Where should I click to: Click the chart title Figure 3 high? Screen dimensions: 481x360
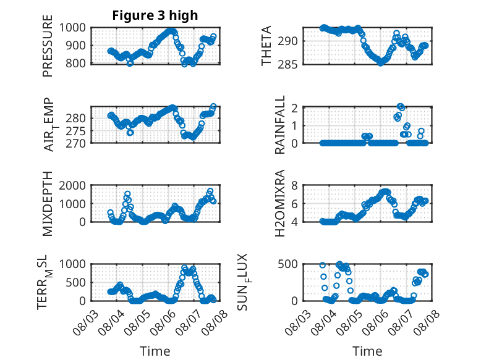[x=155, y=15]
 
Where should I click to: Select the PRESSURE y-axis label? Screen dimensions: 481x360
[x=48, y=46]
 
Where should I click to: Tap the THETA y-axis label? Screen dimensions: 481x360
[x=266, y=46]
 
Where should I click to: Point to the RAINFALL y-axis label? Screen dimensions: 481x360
[x=280, y=125]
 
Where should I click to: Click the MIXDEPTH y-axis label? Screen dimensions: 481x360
[x=48, y=204]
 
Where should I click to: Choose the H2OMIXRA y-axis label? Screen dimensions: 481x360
[x=280, y=203]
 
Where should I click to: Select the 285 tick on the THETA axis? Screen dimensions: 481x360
[x=287, y=64]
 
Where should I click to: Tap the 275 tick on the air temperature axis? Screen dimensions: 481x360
[x=75, y=131]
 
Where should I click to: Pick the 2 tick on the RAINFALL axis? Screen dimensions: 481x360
[x=294, y=108]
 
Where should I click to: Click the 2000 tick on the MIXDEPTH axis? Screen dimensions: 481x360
[x=72, y=185]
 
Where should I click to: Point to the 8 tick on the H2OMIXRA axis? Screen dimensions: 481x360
[x=294, y=185]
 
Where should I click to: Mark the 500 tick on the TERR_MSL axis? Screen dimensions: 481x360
[x=75, y=282]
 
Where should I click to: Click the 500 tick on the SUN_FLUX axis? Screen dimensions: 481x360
[x=287, y=264]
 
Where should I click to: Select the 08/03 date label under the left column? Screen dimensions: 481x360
[x=85, y=322]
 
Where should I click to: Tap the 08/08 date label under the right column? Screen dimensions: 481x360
[x=427, y=322]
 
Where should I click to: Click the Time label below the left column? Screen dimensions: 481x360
[x=155, y=351]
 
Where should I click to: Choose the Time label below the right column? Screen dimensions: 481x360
[x=367, y=351]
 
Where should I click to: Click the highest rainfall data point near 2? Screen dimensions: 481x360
[x=400, y=106]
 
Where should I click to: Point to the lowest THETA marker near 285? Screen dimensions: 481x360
[x=381, y=63]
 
